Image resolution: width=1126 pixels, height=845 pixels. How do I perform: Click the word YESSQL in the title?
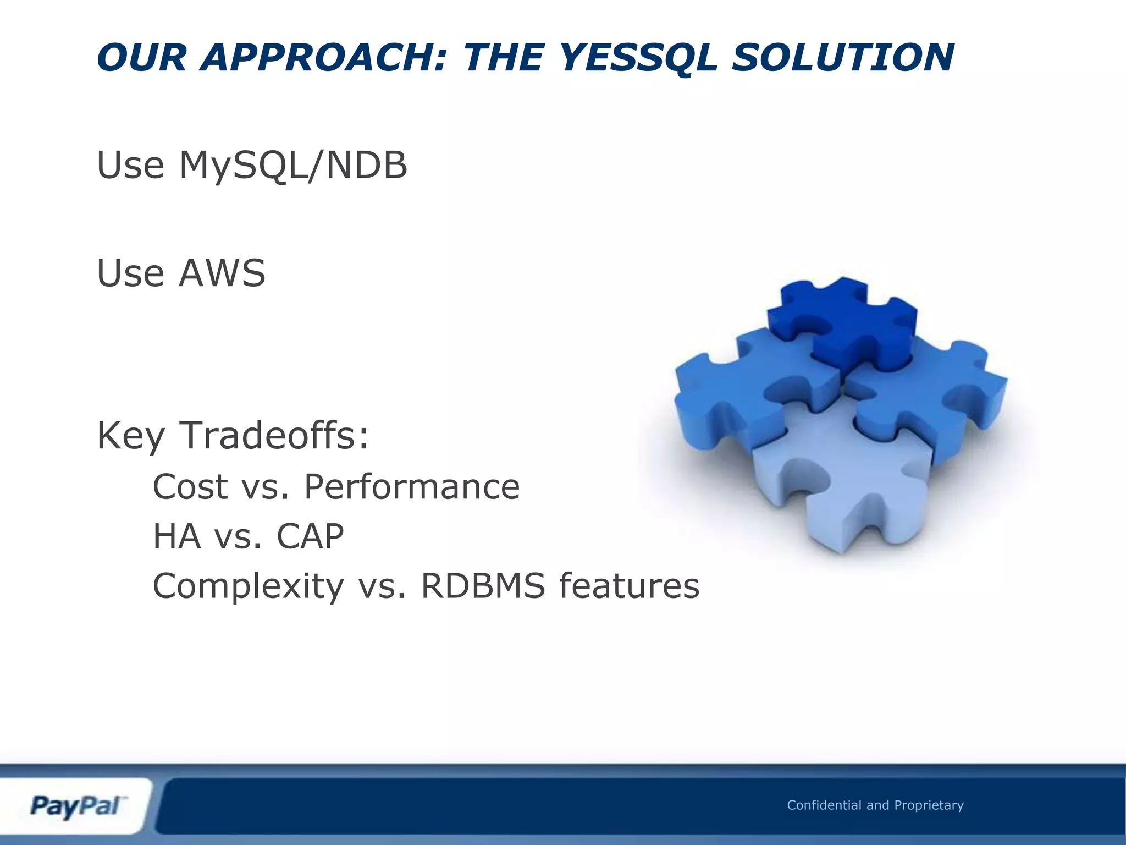[x=639, y=58]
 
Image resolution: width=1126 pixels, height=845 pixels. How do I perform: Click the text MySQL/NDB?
[x=293, y=165]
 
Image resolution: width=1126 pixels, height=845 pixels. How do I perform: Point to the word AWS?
[x=222, y=273]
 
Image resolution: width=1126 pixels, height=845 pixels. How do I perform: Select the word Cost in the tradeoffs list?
[x=190, y=487]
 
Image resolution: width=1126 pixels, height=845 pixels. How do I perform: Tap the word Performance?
[x=412, y=487]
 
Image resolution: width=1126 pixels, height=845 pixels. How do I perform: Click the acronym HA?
[x=176, y=536]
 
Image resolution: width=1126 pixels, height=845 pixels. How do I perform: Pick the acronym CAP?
[x=310, y=536]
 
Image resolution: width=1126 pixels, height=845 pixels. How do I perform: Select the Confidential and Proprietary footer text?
[x=875, y=805]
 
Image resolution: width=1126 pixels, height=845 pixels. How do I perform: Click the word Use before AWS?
[x=130, y=273]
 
